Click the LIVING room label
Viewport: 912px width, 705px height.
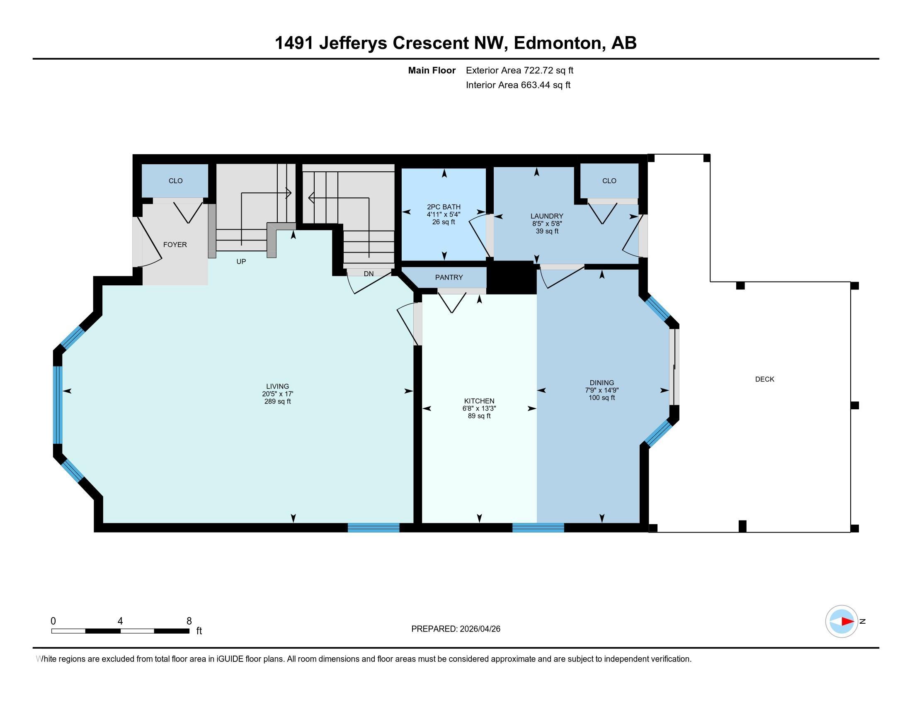[277, 387]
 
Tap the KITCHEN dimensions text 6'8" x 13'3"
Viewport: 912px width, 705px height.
[479, 408]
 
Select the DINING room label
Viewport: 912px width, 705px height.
[602, 383]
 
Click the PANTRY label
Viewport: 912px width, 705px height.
[449, 277]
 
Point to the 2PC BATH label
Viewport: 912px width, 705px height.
[444, 207]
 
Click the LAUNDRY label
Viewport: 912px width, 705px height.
[547, 216]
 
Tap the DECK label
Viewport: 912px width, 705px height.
[764, 379]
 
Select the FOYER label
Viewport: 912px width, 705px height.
[175, 245]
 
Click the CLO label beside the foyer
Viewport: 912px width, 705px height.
[175, 181]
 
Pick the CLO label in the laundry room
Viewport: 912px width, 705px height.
[609, 181]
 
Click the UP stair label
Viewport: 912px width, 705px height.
[241, 261]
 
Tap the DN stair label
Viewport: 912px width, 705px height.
[368, 274]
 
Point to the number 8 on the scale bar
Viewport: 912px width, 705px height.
[189, 621]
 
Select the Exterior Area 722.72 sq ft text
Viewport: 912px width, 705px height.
[519, 70]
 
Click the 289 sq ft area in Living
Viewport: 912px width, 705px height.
[277, 401]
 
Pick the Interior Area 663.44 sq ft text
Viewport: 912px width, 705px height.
[518, 85]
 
